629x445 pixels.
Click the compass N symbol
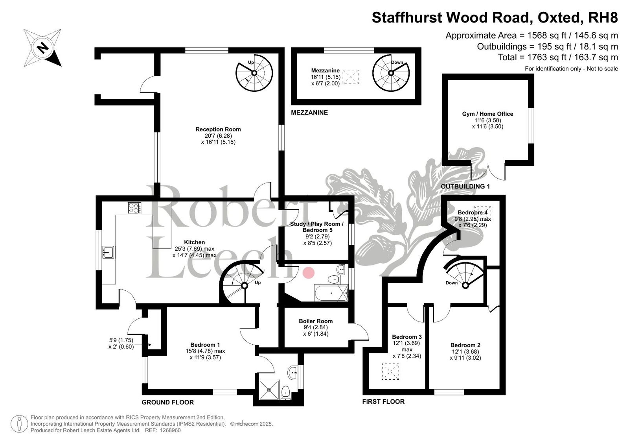43,48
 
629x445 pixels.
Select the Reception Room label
218,129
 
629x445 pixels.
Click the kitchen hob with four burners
134,208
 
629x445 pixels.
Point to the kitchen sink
108,252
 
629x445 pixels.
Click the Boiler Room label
316,321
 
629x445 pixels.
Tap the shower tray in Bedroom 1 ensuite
270,390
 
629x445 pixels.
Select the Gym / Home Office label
487,114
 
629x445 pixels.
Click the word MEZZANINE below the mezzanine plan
309,113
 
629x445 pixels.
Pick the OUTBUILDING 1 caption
465,186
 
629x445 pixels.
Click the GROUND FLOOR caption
167,402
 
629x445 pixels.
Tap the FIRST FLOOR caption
383,401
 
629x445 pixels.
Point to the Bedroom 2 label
465,345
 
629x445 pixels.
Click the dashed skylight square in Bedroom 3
390,372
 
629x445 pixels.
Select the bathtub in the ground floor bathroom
331,293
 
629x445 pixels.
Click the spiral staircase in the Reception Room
254,73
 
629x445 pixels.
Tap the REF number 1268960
170,430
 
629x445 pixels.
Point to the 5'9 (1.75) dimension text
121,340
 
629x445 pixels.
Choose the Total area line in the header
558,57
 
